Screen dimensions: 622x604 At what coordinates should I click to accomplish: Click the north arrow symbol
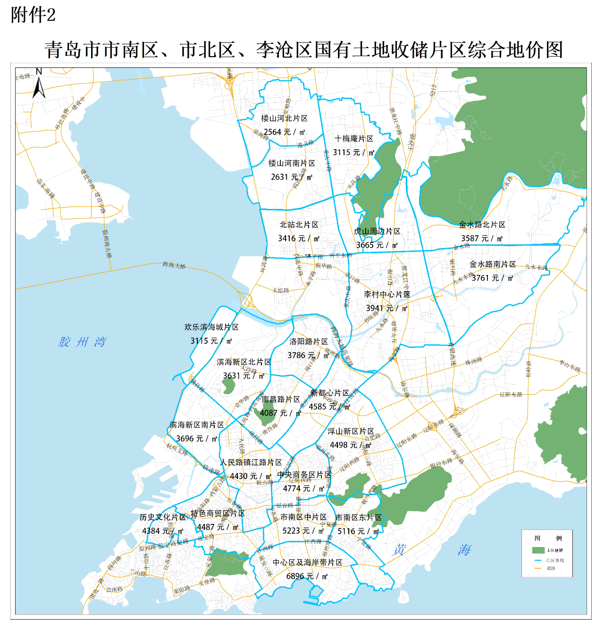point(39,84)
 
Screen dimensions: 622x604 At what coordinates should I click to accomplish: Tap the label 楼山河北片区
point(285,118)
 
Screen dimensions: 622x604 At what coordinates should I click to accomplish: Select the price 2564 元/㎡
point(285,132)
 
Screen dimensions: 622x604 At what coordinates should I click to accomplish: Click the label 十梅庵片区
point(354,139)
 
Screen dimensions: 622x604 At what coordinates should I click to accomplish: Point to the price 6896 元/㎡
point(307,576)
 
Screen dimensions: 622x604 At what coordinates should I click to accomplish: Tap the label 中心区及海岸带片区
point(308,563)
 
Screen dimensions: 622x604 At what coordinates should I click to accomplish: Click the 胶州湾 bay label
point(83,342)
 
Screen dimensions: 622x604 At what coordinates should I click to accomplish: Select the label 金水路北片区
point(482,225)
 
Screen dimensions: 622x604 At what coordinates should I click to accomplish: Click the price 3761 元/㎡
point(493,278)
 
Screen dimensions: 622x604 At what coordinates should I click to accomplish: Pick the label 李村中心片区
point(387,294)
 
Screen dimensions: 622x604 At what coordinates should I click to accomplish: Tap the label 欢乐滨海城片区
point(211,327)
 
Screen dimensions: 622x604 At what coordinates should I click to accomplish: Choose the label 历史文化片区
point(163,517)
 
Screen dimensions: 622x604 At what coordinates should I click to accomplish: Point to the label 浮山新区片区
point(351,431)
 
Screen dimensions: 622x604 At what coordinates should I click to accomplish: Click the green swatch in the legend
point(538,550)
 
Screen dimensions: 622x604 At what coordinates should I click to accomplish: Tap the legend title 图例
point(548,538)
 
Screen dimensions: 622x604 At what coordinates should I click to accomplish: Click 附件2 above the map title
point(33,15)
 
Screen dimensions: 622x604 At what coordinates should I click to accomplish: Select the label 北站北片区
point(299,225)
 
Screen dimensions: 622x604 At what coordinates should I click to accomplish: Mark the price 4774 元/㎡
point(304,489)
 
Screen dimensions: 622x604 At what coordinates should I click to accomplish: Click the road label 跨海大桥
point(174,265)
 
